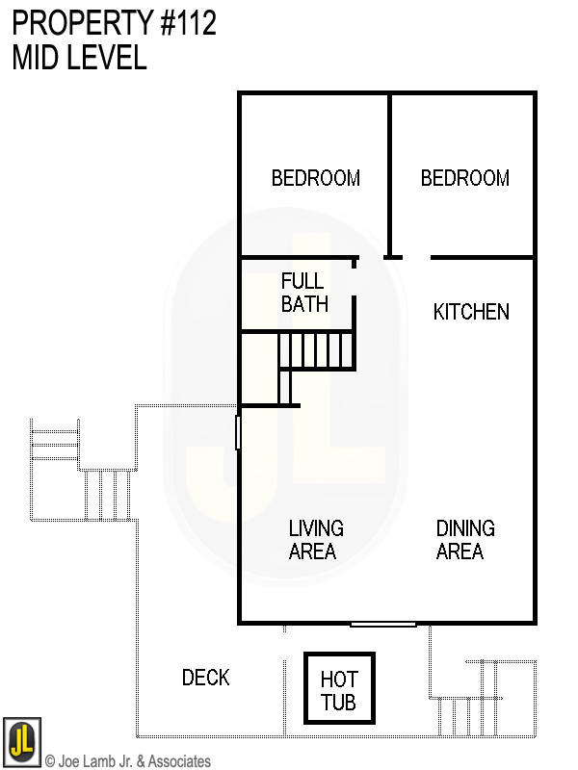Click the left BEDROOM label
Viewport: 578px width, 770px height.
coord(315,178)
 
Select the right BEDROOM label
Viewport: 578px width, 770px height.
coord(465,178)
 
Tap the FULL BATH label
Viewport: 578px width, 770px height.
coord(304,293)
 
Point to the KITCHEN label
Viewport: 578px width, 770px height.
coord(471,312)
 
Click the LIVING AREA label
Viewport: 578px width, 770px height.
coord(315,540)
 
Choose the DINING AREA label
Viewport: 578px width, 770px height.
coord(465,540)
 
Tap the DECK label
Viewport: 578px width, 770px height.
coord(206,678)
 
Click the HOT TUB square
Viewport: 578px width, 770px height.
coord(338,689)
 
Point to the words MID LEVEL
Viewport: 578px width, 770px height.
coord(79,58)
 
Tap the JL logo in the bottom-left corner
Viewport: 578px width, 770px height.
coord(21,739)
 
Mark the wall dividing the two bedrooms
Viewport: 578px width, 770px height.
coord(389,173)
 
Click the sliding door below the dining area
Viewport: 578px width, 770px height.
coord(383,625)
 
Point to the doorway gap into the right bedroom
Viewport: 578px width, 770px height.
coord(416,258)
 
